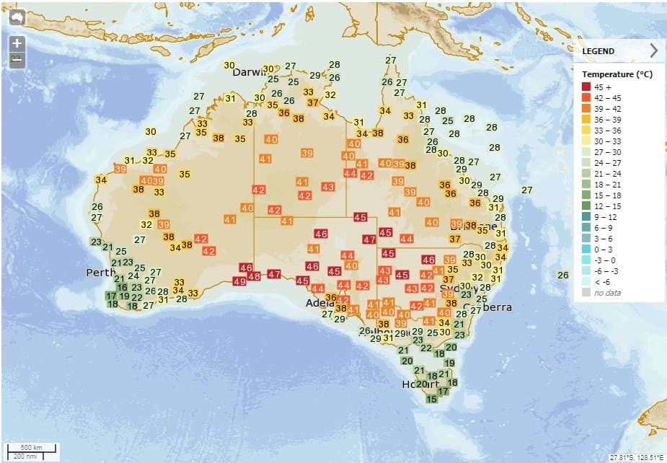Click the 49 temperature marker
pos(240,281)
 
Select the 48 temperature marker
pos(254,276)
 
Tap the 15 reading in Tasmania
pos(432,399)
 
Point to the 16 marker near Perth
pos(122,287)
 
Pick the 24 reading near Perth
pos(133,275)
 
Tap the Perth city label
pos(100,273)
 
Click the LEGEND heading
pos(598,51)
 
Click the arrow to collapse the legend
pos(653,50)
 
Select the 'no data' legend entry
pos(606,292)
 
